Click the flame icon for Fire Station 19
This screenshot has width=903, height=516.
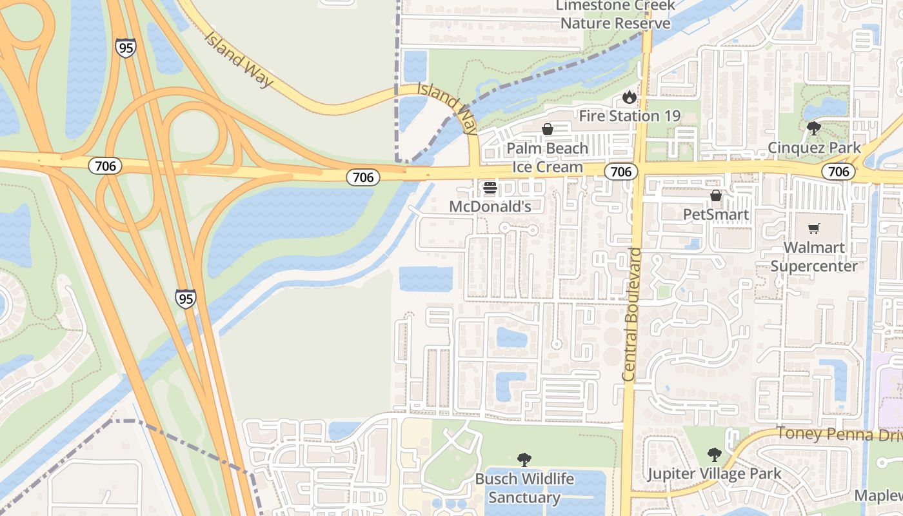[629, 97]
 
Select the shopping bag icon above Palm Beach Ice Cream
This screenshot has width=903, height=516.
[548, 129]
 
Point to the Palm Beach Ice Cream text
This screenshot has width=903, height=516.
[548, 157]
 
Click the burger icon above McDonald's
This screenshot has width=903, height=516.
[490, 188]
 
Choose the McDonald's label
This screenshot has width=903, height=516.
[490, 206]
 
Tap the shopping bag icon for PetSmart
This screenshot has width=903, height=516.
[716, 195]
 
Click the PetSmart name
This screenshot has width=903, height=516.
[716, 215]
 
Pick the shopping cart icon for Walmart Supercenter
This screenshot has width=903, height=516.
[814, 228]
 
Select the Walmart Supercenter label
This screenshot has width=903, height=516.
[814, 257]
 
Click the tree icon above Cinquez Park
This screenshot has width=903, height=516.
[814, 128]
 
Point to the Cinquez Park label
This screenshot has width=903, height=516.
[814, 148]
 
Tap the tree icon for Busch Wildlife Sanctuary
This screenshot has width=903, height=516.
[524, 460]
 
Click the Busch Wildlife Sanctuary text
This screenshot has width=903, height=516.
[524, 488]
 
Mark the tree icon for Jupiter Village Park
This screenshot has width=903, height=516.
[714, 455]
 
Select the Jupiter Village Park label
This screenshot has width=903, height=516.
[714, 474]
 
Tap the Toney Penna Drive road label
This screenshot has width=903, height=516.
[838, 434]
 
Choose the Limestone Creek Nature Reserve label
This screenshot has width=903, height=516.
[615, 15]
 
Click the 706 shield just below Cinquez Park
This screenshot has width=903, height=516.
[838, 172]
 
